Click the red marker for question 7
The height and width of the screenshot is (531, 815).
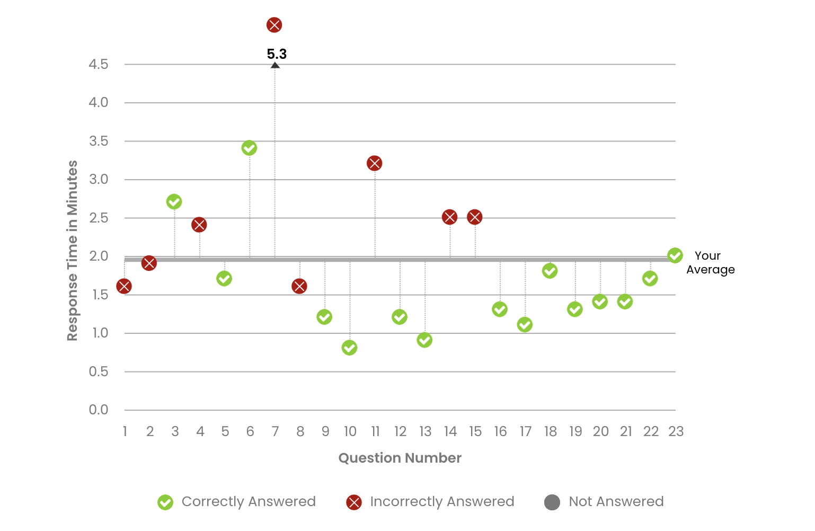pos(274,25)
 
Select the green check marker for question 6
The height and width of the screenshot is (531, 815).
pos(249,148)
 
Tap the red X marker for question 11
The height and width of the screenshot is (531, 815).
pos(374,163)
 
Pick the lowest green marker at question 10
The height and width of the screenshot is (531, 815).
pos(349,348)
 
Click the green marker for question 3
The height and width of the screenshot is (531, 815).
pos(174,201)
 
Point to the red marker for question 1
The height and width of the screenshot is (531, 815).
pos(124,286)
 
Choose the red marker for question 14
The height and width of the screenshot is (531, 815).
pos(449,217)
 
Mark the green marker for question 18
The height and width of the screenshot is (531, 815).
pos(550,271)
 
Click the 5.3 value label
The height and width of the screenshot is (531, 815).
pos(277,54)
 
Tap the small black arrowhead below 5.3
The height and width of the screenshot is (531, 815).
pos(275,65)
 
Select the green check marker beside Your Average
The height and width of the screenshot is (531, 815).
pos(675,255)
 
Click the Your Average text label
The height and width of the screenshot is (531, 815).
pos(710,262)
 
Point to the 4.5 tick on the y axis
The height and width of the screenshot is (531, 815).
pos(99,64)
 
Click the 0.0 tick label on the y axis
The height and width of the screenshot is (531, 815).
pos(99,410)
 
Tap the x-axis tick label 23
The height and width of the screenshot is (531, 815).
pos(676,431)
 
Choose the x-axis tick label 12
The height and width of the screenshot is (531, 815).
pos(400,431)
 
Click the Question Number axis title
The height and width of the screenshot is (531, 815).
pos(400,458)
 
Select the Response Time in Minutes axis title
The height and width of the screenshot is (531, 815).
pos(72,250)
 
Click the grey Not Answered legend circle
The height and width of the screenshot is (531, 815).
pos(552,502)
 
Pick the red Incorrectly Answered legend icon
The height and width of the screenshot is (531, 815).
pos(353,502)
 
